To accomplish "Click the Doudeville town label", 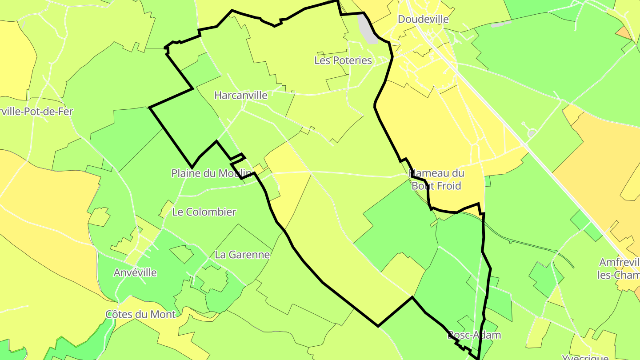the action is [x=423, y=20].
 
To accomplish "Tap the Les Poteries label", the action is [x=343, y=60].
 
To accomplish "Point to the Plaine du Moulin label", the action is [x=212, y=173].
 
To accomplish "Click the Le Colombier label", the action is [x=204, y=212].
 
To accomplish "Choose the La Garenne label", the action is [x=242, y=255].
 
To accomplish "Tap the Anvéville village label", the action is [x=135, y=272].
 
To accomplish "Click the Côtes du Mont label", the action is [x=140, y=314].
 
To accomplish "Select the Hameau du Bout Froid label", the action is [x=436, y=180].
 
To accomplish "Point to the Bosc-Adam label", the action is [x=474, y=335].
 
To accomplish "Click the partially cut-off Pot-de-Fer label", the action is [x=36, y=112].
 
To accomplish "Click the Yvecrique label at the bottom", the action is [x=585, y=357].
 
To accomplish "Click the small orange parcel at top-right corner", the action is [x=624, y=32].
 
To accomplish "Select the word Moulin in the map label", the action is [x=237, y=173].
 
